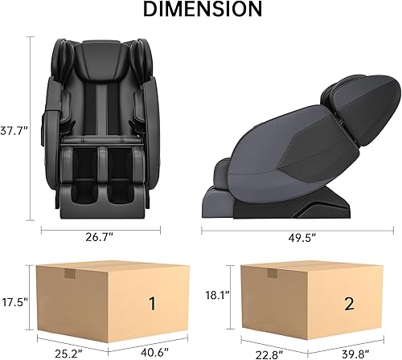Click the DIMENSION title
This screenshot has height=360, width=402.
202,10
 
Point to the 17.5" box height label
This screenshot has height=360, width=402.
15,303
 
